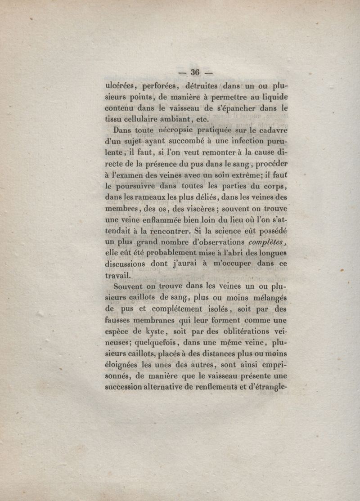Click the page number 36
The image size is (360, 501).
click(x=195, y=72)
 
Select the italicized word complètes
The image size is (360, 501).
click(x=267, y=242)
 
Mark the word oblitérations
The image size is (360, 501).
click(x=249, y=331)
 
